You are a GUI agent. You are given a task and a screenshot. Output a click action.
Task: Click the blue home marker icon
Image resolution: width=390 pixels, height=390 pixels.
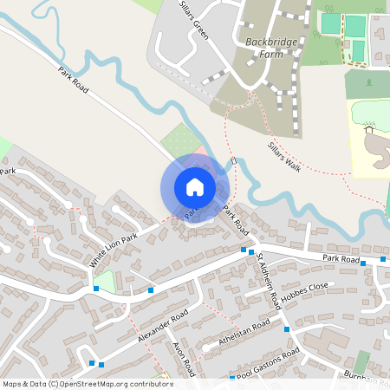[x=195, y=187]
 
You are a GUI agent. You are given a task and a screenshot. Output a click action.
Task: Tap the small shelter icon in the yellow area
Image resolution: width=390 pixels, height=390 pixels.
[x=370, y=130]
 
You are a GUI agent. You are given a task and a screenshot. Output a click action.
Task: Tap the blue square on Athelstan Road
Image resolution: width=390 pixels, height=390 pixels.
[x=287, y=329]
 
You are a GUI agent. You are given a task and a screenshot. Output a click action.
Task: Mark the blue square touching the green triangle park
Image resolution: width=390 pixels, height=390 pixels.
[x=95, y=288]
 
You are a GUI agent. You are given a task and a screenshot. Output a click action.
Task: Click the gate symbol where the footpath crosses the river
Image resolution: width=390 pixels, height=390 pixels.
[x=234, y=160]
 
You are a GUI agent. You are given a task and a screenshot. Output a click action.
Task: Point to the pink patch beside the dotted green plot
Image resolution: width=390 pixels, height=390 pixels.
[x=201, y=152]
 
